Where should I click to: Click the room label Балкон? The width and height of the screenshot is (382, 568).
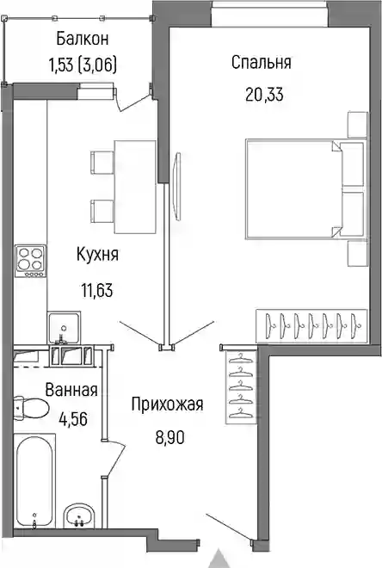pyautogui.click(x=83, y=39)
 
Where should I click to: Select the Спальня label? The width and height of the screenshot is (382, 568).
pyautogui.click(x=261, y=62)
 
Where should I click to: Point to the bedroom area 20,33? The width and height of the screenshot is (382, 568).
pyautogui.click(x=264, y=95)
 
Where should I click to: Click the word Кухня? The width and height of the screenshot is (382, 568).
pyautogui.click(x=97, y=254)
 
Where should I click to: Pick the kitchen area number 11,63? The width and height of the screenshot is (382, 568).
pyautogui.click(x=96, y=290)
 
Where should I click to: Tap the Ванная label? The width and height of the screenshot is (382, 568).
pyautogui.click(x=71, y=390)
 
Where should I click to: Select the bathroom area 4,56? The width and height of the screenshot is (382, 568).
pyautogui.click(x=73, y=419)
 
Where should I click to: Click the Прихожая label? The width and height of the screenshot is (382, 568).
pyautogui.click(x=167, y=404)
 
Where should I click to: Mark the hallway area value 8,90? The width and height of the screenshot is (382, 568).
pyautogui.click(x=169, y=437)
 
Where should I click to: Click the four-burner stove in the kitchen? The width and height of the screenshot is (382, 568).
pyautogui.click(x=31, y=261)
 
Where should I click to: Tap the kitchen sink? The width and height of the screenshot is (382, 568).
pyautogui.click(x=64, y=328)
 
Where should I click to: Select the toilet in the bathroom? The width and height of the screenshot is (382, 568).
pyautogui.click(x=31, y=408)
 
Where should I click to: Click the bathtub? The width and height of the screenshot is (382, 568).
pyautogui.click(x=34, y=481)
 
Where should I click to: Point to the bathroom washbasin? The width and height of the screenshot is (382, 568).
pyautogui.click(x=79, y=516)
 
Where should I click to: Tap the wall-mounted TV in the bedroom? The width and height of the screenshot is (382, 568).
pyautogui.click(x=177, y=186)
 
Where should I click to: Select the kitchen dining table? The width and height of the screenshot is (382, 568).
pyautogui.click(x=135, y=187)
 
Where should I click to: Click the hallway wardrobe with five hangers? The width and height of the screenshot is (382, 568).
pyautogui.click(x=241, y=387)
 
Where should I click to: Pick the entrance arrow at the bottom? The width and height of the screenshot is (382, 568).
pyautogui.click(x=219, y=559)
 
